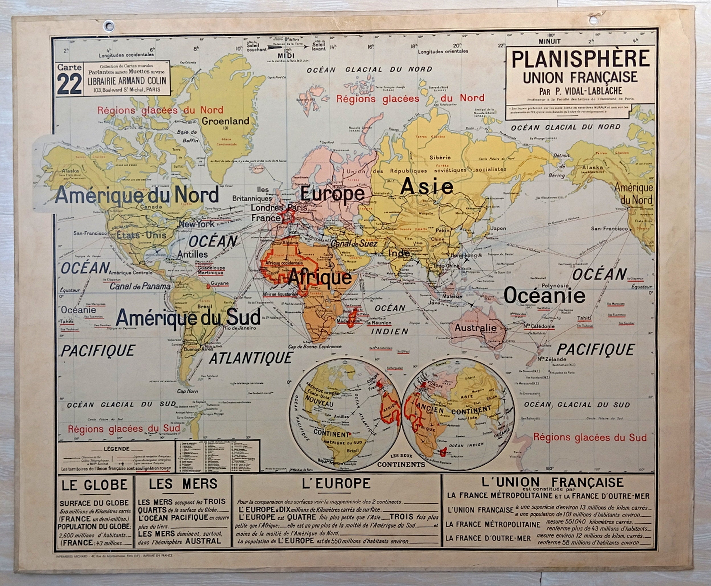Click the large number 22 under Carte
[x=70, y=84]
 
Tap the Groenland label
[x=225, y=121]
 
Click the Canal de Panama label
[x=140, y=286]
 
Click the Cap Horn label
[x=187, y=391]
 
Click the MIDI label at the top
[x=286, y=55]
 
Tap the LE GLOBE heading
[x=94, y=485]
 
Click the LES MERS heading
[x=183, y=484]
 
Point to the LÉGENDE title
[x=117, y=449]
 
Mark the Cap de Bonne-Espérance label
[x=314, y=346]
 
